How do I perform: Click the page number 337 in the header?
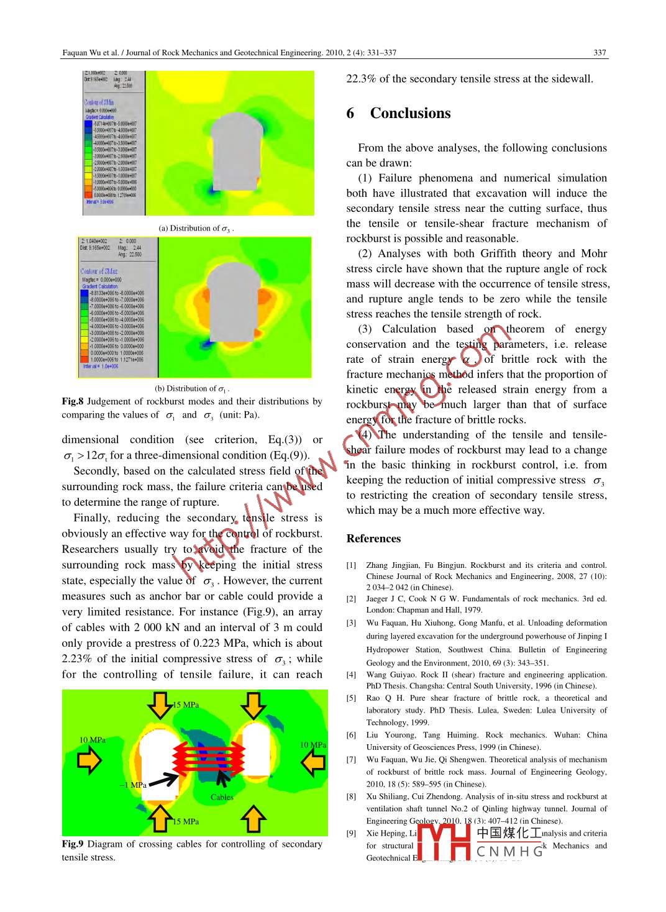click(x=600, y=53)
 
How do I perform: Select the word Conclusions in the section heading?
click(x=410, y=113)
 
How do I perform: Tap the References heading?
click(x=373, y=539)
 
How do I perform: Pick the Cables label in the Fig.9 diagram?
click(x=222, y=797)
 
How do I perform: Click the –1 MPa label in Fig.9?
click(x=133, y=785)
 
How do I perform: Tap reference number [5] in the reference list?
click(x=352, y=698)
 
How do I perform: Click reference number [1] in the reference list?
click(x=352, y=565)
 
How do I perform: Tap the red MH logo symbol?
click(x=444, y=842)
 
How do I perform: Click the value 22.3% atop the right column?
click(x=361, y=79)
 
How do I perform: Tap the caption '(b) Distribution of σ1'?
click(x=192, y=389)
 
